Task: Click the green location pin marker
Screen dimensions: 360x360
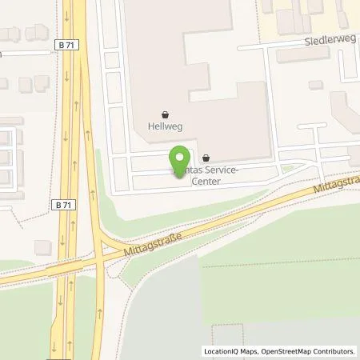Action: point(179,158)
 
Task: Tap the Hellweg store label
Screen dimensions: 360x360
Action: point(164,126)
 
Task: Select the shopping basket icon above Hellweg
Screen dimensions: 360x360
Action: point(165,114)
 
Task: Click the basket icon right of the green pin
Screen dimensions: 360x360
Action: point(207,158)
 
